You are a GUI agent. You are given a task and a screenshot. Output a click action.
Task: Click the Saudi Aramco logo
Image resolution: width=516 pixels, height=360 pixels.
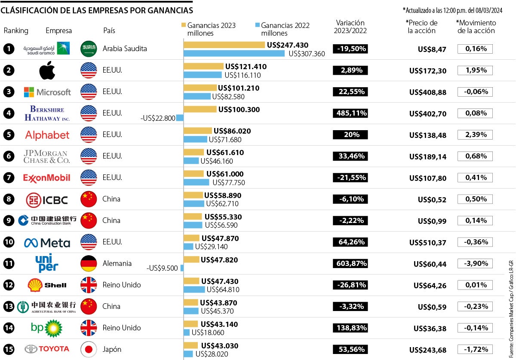46,49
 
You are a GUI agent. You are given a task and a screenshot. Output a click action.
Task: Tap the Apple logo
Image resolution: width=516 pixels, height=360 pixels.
47,70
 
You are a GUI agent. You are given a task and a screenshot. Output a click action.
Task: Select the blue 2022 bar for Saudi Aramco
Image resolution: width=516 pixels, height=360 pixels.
234,53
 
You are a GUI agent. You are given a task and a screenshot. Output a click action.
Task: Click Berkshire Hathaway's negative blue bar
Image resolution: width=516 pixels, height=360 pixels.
180,118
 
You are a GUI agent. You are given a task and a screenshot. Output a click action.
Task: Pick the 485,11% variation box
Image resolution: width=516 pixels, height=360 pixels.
350,113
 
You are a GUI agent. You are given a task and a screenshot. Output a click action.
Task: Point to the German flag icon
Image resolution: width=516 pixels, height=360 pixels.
89,264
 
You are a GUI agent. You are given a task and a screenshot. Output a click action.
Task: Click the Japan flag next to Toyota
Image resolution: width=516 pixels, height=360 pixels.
89,350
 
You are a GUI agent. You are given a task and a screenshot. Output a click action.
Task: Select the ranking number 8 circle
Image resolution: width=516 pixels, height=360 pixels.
9,199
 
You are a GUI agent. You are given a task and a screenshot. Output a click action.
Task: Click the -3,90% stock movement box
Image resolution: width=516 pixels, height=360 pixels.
475,264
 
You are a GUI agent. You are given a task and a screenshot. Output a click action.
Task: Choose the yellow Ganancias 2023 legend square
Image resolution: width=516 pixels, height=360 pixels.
184,25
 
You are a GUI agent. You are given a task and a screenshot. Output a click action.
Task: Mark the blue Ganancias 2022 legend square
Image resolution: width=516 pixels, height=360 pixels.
258,25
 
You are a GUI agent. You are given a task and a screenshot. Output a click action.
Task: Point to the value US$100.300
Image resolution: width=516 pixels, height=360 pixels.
239,110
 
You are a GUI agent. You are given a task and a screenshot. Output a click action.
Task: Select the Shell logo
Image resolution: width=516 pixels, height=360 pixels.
47,285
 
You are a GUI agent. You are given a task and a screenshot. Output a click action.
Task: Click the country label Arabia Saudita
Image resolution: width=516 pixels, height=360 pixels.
125,49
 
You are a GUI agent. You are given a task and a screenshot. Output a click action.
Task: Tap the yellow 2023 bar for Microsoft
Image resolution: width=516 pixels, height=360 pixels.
200,88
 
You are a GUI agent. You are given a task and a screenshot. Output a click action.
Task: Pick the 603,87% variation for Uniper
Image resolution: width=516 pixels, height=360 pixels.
350,264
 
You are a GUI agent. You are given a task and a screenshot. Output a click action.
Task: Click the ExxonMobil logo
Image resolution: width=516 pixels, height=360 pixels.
46,178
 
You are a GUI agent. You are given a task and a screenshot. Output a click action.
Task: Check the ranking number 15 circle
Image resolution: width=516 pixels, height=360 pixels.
9,350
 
